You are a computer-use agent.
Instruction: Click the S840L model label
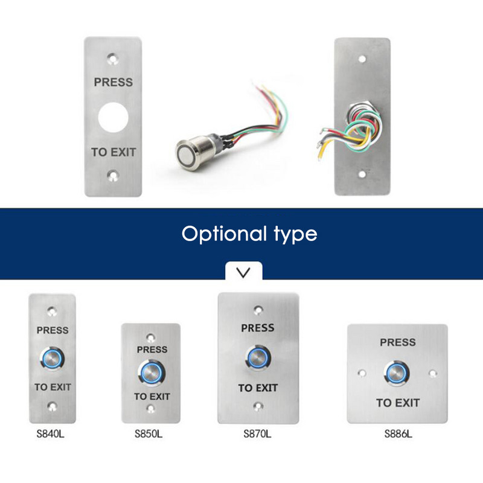click(51, 433)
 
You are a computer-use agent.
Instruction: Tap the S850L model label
click(150, 433)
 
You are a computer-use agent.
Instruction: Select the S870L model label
click(258, 433)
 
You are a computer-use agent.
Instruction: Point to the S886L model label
click(397, 433)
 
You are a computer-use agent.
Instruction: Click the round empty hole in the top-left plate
click(113, 117)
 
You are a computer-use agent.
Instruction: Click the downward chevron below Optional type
click(243, 272)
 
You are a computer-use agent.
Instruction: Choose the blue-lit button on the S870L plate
click(257, 357)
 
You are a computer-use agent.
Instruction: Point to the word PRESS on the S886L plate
click(397, 342)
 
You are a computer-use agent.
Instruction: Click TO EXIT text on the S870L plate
click(258, 388)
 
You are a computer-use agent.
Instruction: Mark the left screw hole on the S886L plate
click(363, 373)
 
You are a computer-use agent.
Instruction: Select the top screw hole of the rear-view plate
click(362, 60)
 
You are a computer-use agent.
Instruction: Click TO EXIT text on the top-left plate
click(114, 152)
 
